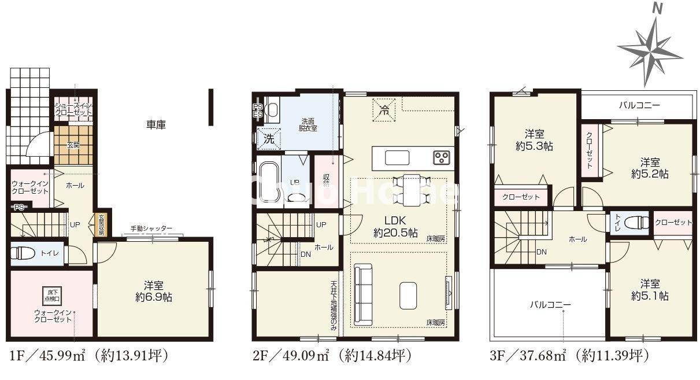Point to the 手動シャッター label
tap(151, 228)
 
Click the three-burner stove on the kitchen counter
tap(442, 157)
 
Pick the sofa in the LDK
tap(363, 294)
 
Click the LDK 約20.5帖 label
tap(396, 227)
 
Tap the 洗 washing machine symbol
tap(269, 139)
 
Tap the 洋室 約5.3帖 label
tap(534, 139)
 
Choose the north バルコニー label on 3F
tap(639, 105)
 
